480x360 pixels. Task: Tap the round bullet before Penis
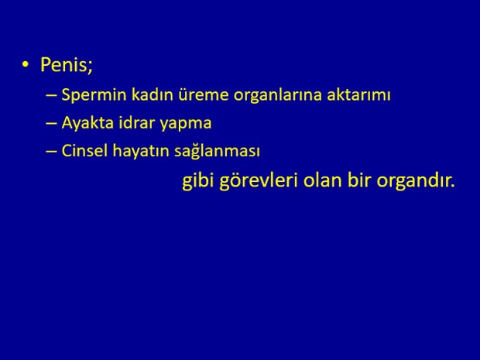[x=25, y=64]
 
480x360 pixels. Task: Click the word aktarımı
[x=358, y=94]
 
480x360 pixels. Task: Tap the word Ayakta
[x=87, y=123]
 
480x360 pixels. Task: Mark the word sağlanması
[x=217, y=152]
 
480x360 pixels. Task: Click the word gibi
[x=197, y=181]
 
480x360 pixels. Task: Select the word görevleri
[x=259, y=181]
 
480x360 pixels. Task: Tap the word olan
[x=323, y=180]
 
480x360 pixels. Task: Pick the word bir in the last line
[x=359, y=180]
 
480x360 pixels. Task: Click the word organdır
[x=416, y=181]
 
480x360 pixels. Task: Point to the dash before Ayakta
[x=51, y=124]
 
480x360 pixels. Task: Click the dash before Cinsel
[x=51, y=152]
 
